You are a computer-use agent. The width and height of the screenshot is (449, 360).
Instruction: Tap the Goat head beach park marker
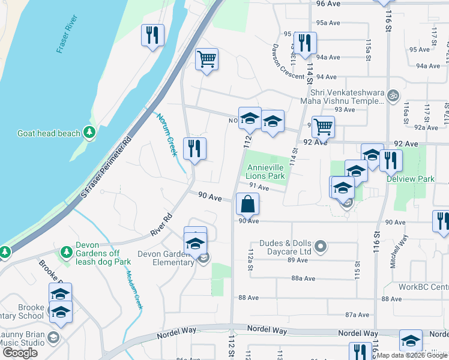(x=89, y=132)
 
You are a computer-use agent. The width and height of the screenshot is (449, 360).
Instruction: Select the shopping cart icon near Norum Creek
(x=206, y=59)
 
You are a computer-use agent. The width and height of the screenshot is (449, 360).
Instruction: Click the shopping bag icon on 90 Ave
(x=247, y=204)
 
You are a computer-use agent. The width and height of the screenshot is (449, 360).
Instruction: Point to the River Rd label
(x=162, y=224)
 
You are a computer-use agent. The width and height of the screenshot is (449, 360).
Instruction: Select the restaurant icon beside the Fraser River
(x=152, y=35)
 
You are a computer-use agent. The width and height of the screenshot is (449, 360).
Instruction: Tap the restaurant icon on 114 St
(x=305, y=42)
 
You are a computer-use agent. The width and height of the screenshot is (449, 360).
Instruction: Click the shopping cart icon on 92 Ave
(x=323, y=127)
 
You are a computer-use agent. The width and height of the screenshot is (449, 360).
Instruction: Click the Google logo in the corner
(x=20, y=352)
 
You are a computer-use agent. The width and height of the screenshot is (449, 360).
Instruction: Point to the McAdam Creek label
(x=134, y=290)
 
